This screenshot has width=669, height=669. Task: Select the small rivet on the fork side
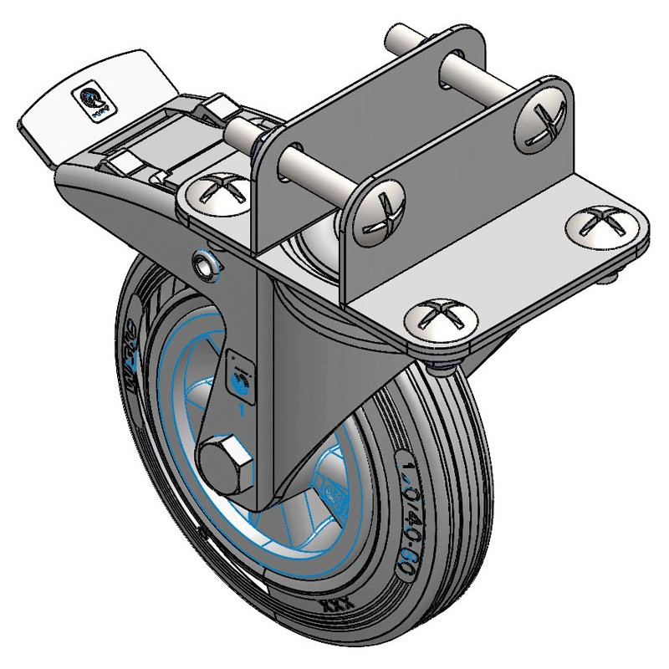(x=205, y=263)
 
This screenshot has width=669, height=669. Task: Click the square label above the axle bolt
(x=240, y=375)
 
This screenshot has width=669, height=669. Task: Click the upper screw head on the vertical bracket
(x=537, y=120)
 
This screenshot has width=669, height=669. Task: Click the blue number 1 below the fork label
(x=243, y=409)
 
